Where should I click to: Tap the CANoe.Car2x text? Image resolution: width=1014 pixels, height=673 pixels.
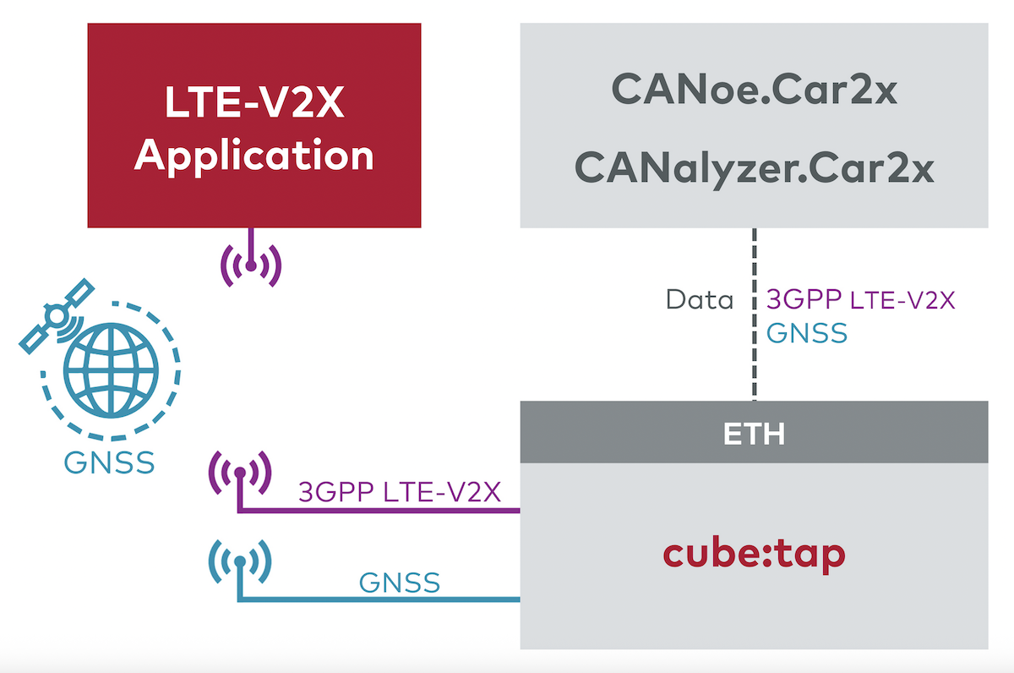tap(753, 89)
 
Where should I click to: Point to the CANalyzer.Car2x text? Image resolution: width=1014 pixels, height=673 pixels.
tap(753, 167)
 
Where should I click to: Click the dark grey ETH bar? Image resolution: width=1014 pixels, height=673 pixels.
tap(753, 433)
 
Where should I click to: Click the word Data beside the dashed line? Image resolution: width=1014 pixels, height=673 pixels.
tap(699, 299)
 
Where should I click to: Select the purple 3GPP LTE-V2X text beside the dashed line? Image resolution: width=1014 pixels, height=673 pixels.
tap(860, 299)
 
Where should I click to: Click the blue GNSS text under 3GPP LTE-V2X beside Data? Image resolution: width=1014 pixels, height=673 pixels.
tap(806, 332)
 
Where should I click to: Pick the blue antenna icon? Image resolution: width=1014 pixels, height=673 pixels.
tap(240, 561)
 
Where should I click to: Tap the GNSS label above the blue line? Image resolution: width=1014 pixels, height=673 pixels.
tap(399, 583)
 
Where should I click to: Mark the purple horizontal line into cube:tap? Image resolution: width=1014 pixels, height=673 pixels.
tap(380, 511)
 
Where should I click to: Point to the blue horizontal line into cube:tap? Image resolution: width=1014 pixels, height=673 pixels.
tap(380, 600)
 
